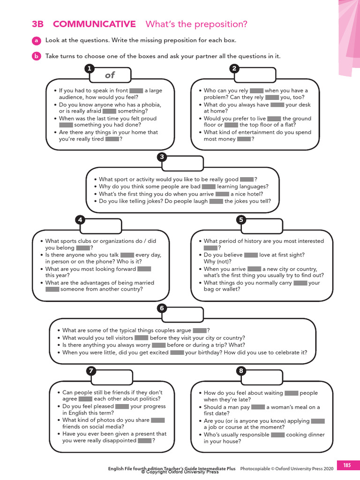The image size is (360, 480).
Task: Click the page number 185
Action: pyautogui.click(x=347, y=465)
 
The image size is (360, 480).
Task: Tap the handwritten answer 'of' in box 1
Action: pyautogui.click(x=110, y=75)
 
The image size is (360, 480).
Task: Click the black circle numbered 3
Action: pyautogui.click(x=162, y=157)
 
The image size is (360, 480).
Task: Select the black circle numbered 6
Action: pyautogui.click(x=162, y=308)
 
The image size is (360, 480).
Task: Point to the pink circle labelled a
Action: pyautogui.click(x=37, y=41)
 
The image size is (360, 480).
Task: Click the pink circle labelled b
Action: pyautogui.click(x=37, y=56)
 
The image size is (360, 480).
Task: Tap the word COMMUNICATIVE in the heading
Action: pyautogui.click(x=94, y=24)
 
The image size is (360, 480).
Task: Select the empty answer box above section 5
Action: pyautogui.click(x=264, y=227)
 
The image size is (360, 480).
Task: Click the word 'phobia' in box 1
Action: pyautogui.click(x=151, y=105)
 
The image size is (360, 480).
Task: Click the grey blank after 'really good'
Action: pyautogui.click(x=247, y=179)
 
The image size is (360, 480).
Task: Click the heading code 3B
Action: pyautogui.click(x=37, y=24)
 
